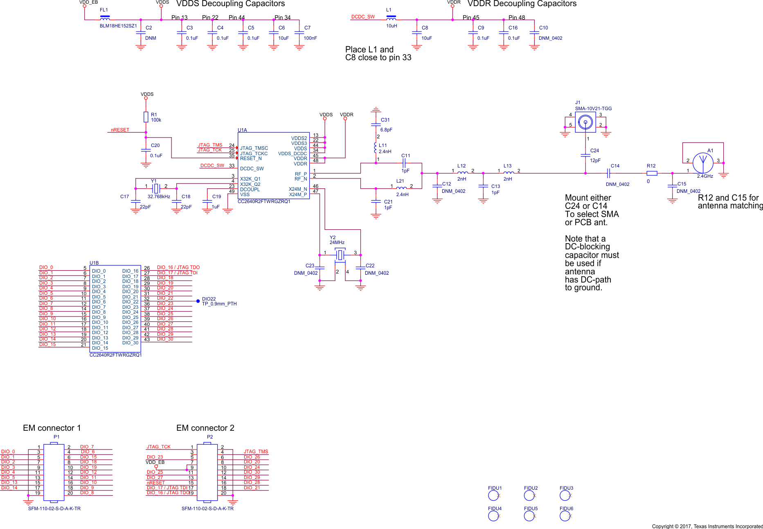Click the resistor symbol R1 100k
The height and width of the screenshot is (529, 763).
pyautogui.click(x=146, y=117)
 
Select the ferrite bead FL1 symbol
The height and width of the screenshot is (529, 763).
pyautogui.click(x=105, y=18)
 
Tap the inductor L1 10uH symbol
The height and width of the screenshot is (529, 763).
pyautogui.click(x=391, y=18)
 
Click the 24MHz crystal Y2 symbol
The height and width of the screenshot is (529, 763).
pyautogui.click(x=340, y=255)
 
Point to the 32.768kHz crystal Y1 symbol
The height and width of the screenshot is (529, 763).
pyautogui.click(x=155, y=189)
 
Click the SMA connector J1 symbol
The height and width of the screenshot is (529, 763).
pyautogui.click(x=585, y=122)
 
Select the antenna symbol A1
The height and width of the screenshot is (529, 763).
pyautogui.click(x=703, y=163)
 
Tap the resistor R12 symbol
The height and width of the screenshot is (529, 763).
pyautogui.click(x=652, y=173)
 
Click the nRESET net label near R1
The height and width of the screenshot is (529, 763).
pyautogui.click(x=120, y=130)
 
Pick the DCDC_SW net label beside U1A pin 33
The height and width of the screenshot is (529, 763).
pyautogui.click(x=212, y=165)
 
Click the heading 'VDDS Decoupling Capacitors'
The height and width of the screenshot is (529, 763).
pyautogui.click(x=230, y=4)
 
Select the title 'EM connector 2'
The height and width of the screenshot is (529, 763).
pyautogui.click(x=205, y=428)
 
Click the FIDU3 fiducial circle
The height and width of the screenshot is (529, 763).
pyautogui.click(x=565, y=495)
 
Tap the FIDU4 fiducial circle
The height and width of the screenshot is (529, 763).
pyautogui.click(x=493, y=516)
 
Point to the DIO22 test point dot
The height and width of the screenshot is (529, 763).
pyautogui.click(x=198, y=301)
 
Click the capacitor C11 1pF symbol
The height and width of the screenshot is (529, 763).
pyautogui.click(x=404, y=163)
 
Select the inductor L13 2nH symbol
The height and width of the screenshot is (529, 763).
pyautogui.click(x=509, y=173)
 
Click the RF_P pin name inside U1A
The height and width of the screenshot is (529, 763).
pyautogui.click(x=301, y=174)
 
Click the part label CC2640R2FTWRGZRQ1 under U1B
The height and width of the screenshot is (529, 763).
pyautogui.click(x=115, y=355)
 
